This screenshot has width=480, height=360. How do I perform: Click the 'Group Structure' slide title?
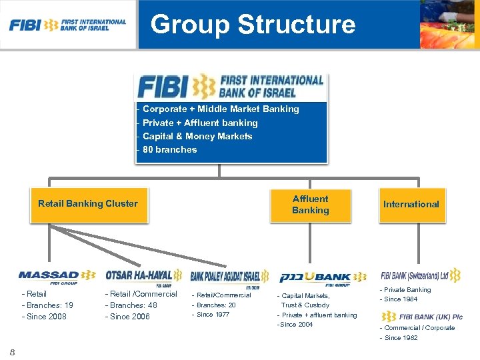253,25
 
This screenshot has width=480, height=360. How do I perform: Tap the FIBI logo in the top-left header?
67,25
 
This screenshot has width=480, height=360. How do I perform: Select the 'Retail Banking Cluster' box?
88,204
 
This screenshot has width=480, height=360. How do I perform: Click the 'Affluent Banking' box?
310,204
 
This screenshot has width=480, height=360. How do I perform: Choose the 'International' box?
411,204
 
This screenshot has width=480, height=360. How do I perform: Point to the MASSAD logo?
57,275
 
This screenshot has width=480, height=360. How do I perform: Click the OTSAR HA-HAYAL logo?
143,276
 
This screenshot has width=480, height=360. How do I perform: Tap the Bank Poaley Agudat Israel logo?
229,277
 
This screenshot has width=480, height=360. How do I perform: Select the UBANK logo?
323,277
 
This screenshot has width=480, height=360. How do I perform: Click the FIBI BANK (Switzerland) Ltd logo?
420,275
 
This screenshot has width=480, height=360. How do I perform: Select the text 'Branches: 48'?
133,305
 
